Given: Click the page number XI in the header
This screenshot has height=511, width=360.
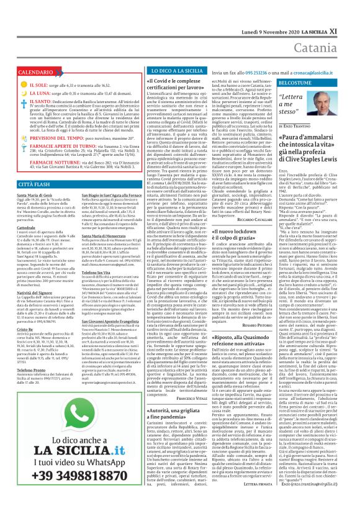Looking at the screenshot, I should click(351, 13).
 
